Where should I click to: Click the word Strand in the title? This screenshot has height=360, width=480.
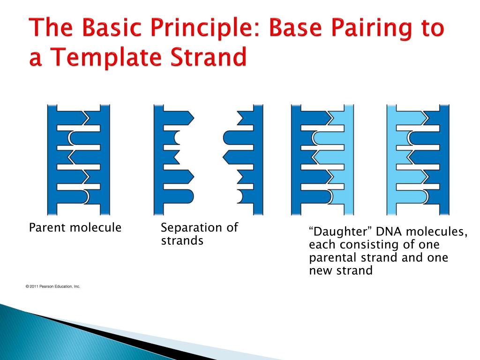click(209, 57)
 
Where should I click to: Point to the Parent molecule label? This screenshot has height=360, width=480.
click(75, 228)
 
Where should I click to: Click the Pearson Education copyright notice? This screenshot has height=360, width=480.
click(52, 286)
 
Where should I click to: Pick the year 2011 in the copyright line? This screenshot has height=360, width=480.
click(34, 286)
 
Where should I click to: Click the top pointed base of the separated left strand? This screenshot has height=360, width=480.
click(179, 118)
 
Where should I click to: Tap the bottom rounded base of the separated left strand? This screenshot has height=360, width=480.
click(179, 196)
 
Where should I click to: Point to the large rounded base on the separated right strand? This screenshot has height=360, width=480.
click(238, 138)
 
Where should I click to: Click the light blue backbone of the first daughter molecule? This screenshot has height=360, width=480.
click(349, 159)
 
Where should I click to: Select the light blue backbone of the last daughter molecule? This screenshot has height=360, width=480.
click(391, 159)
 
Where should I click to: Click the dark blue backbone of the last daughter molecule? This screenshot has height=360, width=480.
click(444, 159)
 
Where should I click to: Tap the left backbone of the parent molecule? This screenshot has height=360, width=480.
click(52, 159)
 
